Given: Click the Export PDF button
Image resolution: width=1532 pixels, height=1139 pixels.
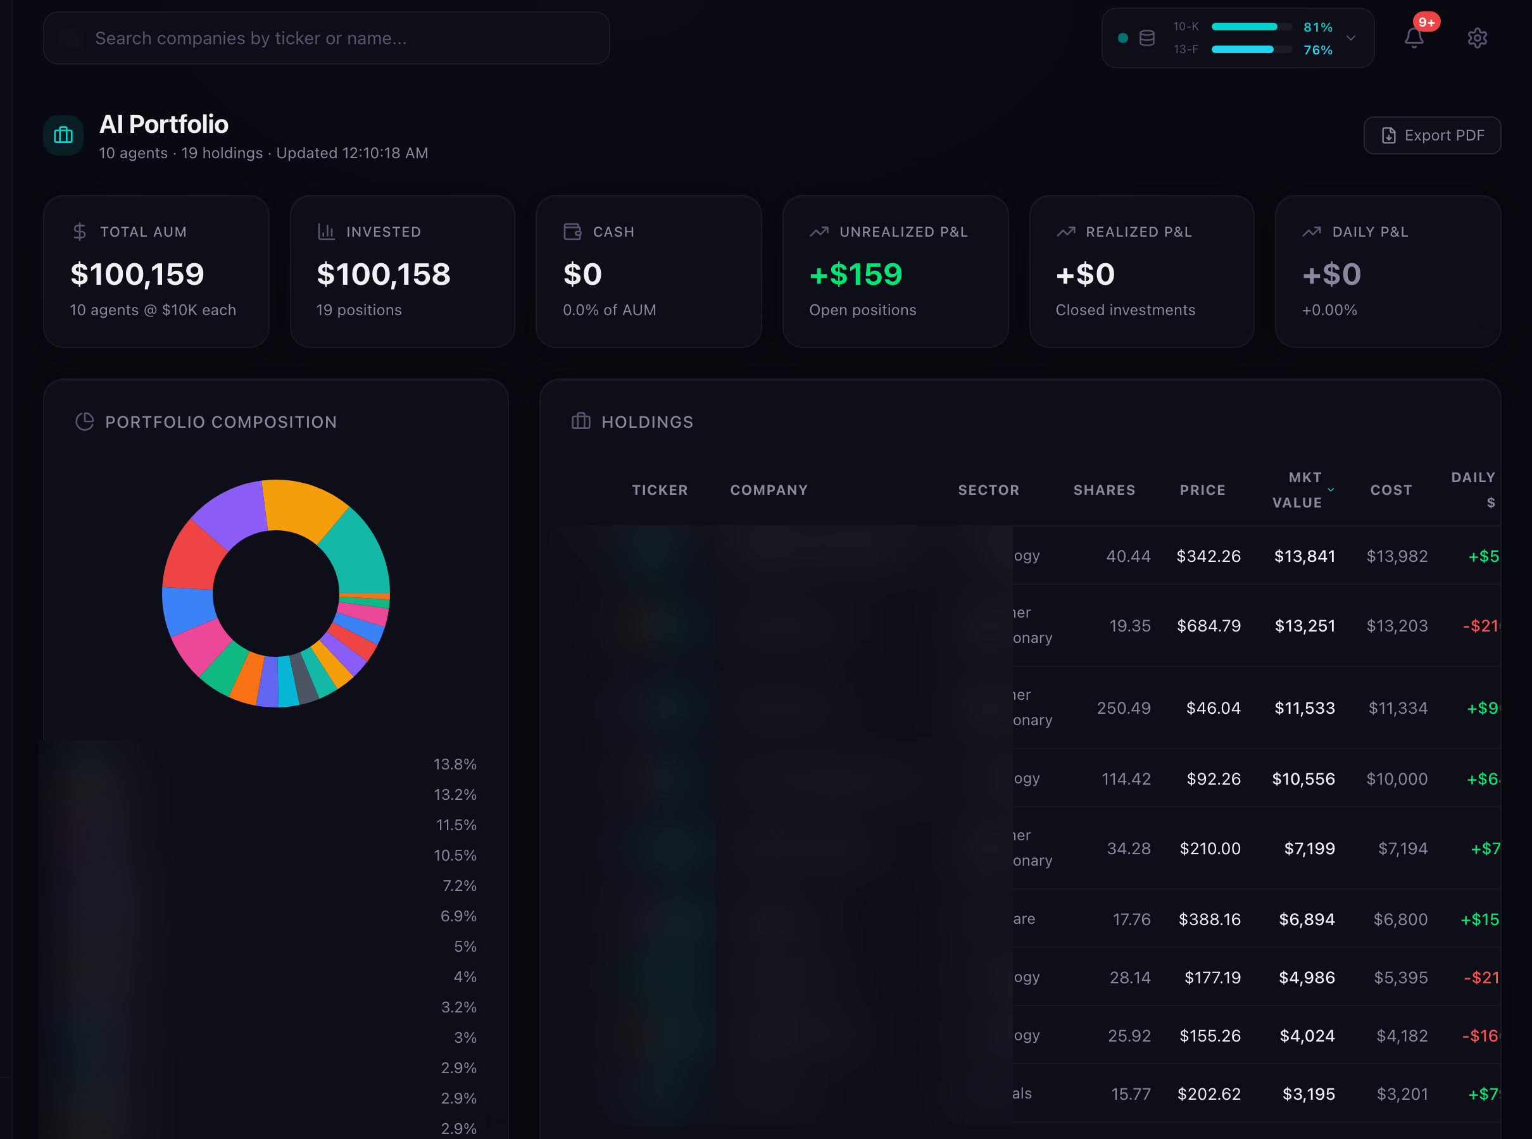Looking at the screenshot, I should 1432,135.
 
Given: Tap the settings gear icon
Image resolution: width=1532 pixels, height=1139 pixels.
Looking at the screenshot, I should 1477,38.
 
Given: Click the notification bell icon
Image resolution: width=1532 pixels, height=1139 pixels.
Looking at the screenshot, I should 1414,38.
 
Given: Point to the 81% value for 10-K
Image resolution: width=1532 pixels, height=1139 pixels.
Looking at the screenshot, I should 1317,27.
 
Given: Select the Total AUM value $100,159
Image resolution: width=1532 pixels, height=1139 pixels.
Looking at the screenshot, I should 137,275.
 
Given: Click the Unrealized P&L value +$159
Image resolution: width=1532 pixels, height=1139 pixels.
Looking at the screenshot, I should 855,275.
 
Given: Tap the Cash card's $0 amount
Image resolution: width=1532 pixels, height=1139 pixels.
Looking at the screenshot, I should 582,275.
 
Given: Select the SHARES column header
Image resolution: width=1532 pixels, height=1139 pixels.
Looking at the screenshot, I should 1103,490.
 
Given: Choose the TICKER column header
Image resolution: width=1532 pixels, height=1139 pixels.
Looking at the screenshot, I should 660,490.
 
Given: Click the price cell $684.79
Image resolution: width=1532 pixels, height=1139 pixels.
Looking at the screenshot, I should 1209,625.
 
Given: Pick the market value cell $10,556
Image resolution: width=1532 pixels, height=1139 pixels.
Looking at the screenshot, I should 1303,778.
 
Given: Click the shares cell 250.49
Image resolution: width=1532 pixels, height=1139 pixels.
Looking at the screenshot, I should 1124,708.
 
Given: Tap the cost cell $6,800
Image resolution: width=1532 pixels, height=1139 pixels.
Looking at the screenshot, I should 1400,919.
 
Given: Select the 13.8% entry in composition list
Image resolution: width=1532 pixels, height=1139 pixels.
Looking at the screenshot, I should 455,764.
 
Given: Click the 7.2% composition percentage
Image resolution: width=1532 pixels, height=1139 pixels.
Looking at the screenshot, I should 460,885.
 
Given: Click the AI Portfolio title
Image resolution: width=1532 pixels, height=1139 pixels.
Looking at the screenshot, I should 163,124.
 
